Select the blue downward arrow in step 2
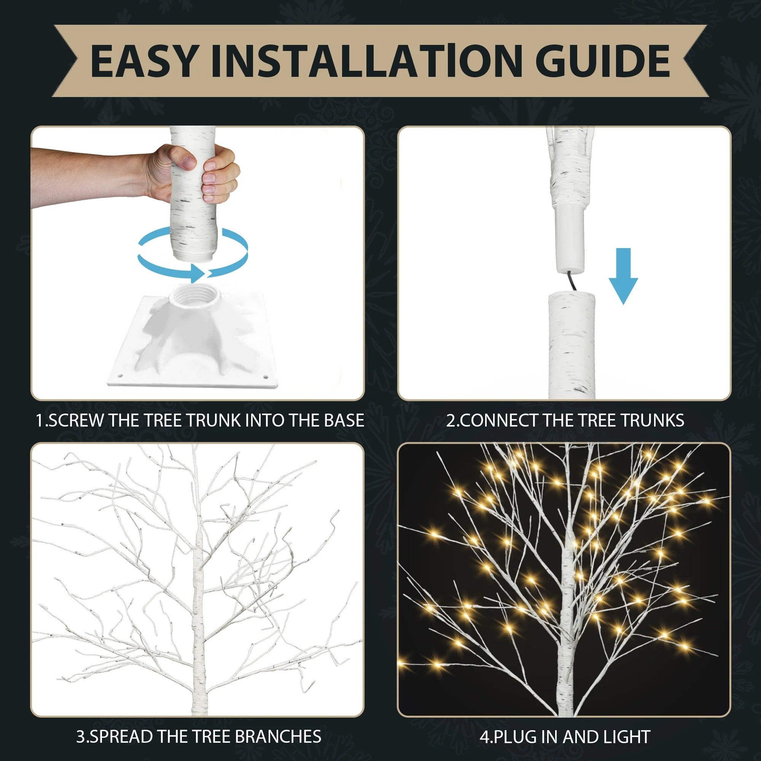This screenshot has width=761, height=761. point(623,276)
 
